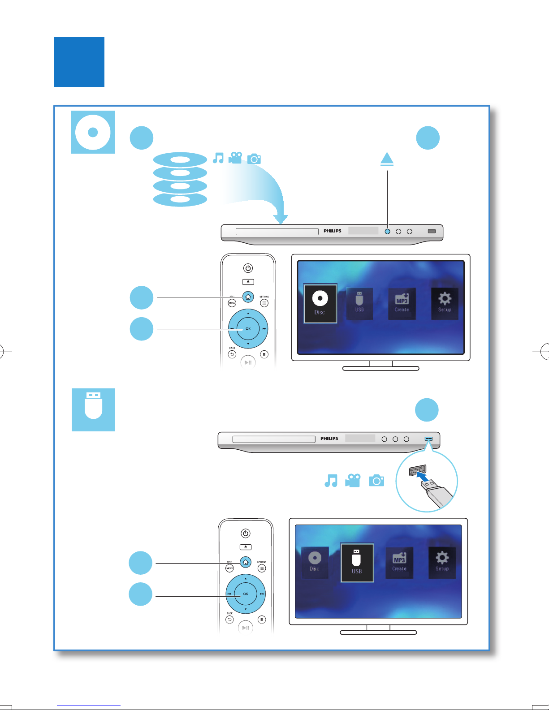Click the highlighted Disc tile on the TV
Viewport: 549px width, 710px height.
320,303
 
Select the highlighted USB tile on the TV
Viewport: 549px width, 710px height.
357,563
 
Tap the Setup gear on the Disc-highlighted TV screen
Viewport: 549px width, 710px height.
445,303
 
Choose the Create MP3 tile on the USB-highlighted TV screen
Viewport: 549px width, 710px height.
399,562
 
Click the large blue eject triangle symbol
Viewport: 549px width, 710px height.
387,159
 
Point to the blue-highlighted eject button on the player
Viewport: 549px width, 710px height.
387,232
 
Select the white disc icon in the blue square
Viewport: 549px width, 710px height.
93,132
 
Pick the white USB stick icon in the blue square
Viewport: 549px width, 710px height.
93,406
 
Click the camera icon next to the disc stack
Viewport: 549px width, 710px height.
254,159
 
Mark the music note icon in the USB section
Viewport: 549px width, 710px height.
331,481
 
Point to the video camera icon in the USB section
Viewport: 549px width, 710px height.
353,481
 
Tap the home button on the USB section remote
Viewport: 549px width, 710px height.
246,562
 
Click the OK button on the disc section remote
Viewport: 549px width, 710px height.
248,328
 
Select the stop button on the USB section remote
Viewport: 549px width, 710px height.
262,620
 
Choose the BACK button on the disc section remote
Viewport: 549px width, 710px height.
232,354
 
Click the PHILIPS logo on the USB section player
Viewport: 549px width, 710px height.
329,439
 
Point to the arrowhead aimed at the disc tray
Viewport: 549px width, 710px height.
281,219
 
